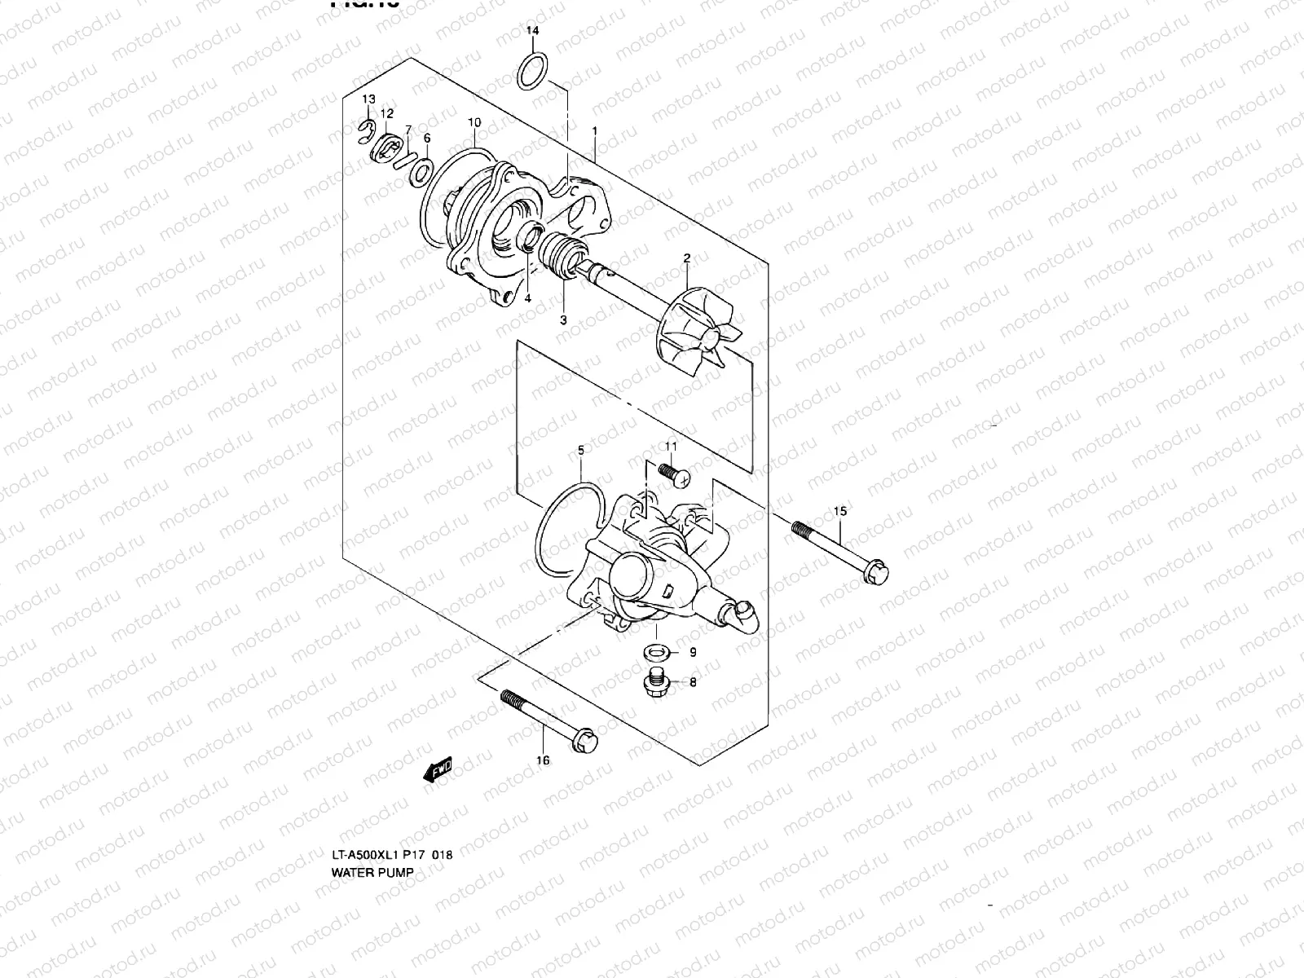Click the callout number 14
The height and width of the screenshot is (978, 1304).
[532, 31]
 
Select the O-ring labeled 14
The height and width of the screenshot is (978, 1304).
[533, 71]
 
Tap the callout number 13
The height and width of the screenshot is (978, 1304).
[369, 99]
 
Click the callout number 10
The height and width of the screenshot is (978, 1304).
[474, 122]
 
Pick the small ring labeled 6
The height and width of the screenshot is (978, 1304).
[422, 171]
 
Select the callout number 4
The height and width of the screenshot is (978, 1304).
[527, 298]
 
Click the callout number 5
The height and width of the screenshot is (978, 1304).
[581, 450]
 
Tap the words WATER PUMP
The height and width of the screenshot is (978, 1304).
[372, 871]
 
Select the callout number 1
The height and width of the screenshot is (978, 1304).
[595, 130]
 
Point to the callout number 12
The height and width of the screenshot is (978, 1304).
[386, 113]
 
